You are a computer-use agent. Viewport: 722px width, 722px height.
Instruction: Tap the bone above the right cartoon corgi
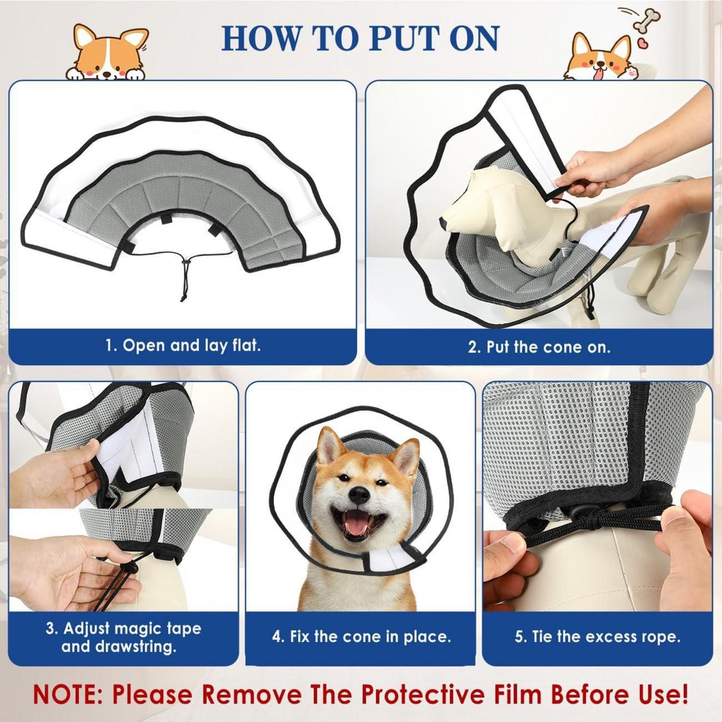click(x=646, y=20)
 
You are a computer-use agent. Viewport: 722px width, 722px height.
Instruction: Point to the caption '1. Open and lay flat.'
click(x=183, y=345)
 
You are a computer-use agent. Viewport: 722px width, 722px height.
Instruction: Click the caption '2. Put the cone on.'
click(x=539, y=347)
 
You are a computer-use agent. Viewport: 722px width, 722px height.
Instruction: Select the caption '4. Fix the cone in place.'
click(x=361, y=637)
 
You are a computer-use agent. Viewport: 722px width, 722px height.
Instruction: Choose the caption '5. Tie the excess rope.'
click(x=597, y=637)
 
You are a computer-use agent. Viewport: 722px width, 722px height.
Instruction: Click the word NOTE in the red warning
click(x=67, y=695)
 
